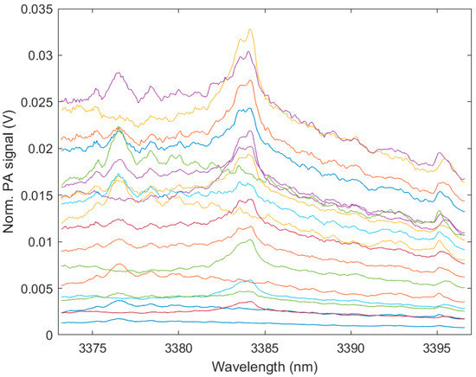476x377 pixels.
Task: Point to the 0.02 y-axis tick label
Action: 43,149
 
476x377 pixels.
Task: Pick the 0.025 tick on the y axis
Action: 40,102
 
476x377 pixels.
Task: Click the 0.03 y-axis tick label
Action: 43,55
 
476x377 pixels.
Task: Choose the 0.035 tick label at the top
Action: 40,9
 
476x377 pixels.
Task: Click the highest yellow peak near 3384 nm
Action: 250,29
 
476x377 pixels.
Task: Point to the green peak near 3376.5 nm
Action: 119,129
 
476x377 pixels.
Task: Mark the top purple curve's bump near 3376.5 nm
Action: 119,73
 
